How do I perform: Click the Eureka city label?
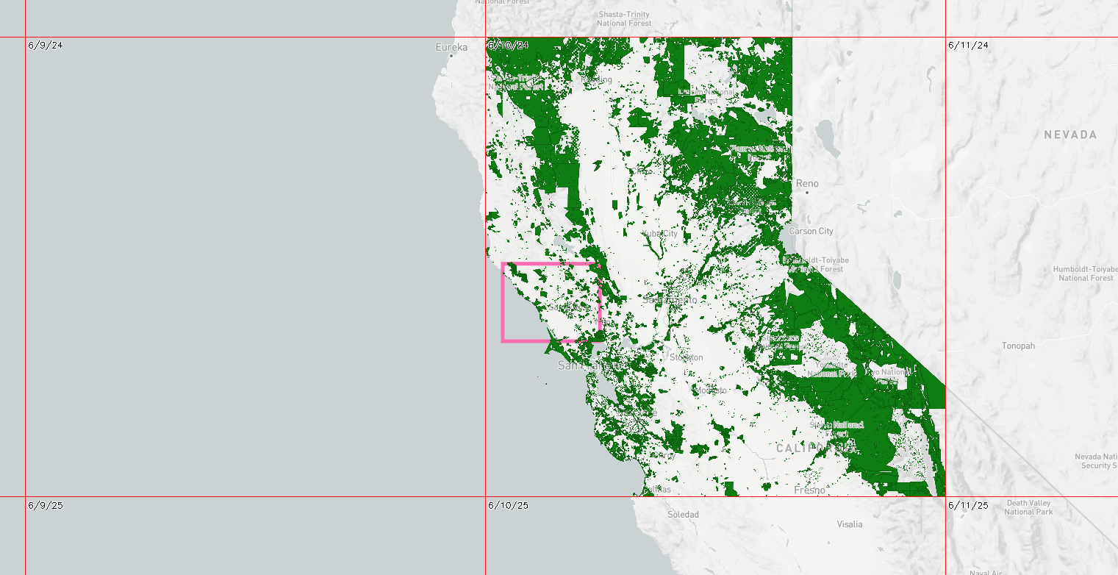tap(451, 47)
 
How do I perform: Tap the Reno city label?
tap(806, 183)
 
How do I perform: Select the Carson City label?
tap(811, 231)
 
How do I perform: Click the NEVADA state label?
tap(1070, 135)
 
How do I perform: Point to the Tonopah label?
tap(1018, 346)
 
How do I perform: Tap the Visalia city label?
tap(850, 524)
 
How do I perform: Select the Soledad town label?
tap(683, 515)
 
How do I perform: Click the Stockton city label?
tap(686, 357)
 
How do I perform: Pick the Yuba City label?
tap(659, 233)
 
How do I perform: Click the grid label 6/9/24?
tap(46, 45)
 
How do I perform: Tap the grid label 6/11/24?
tap(968, 45)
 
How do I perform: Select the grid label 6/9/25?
tap(46, 505)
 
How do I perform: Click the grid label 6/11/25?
tap(968, 505)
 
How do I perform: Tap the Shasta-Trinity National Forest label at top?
tap(623, 19)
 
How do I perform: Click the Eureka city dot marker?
tap(451, 56)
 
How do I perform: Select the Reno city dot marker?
tap(806, 193)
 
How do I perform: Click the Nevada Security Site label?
tap(1095, 461)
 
